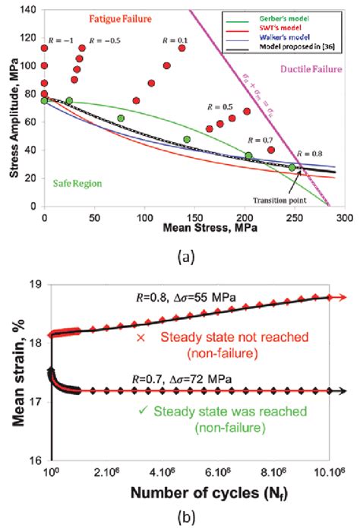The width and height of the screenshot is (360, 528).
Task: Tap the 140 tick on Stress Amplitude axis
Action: [x=30, y=10]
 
